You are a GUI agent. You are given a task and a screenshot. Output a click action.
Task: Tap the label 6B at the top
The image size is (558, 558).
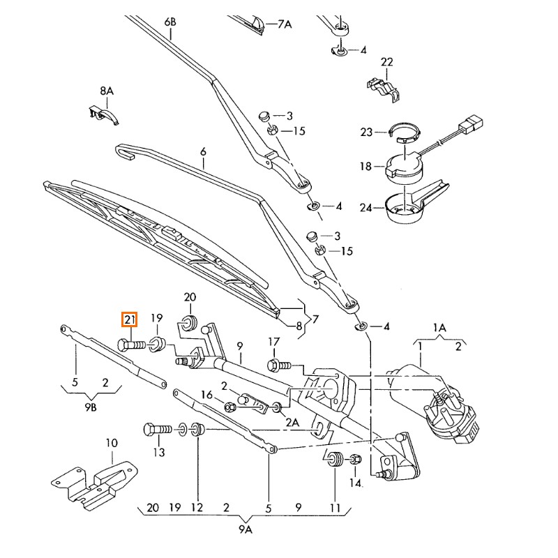(x=171, y=23)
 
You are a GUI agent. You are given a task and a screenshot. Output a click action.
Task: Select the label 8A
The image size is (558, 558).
(x=106, y=91)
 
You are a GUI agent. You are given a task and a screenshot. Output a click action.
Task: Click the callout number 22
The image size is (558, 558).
(x=387, y=62)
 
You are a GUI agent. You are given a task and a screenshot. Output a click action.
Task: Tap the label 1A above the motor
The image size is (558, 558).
(x=439, y=326)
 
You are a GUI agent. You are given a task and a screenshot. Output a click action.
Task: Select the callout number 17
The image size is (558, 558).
(x=274, y=342)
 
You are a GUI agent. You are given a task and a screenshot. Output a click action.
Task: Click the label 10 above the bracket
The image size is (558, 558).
(x=112, y=443)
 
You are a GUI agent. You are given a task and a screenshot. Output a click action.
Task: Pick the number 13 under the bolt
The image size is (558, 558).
(x=160, y=452)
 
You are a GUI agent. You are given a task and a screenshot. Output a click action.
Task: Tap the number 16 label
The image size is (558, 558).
(x=206, y=395)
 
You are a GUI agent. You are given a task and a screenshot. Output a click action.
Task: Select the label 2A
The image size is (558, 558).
(x=292, y=422)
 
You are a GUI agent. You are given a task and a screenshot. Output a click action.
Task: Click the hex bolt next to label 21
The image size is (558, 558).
(x=130, y=345)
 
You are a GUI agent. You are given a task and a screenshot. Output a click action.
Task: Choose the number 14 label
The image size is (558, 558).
(x=356, y=482)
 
